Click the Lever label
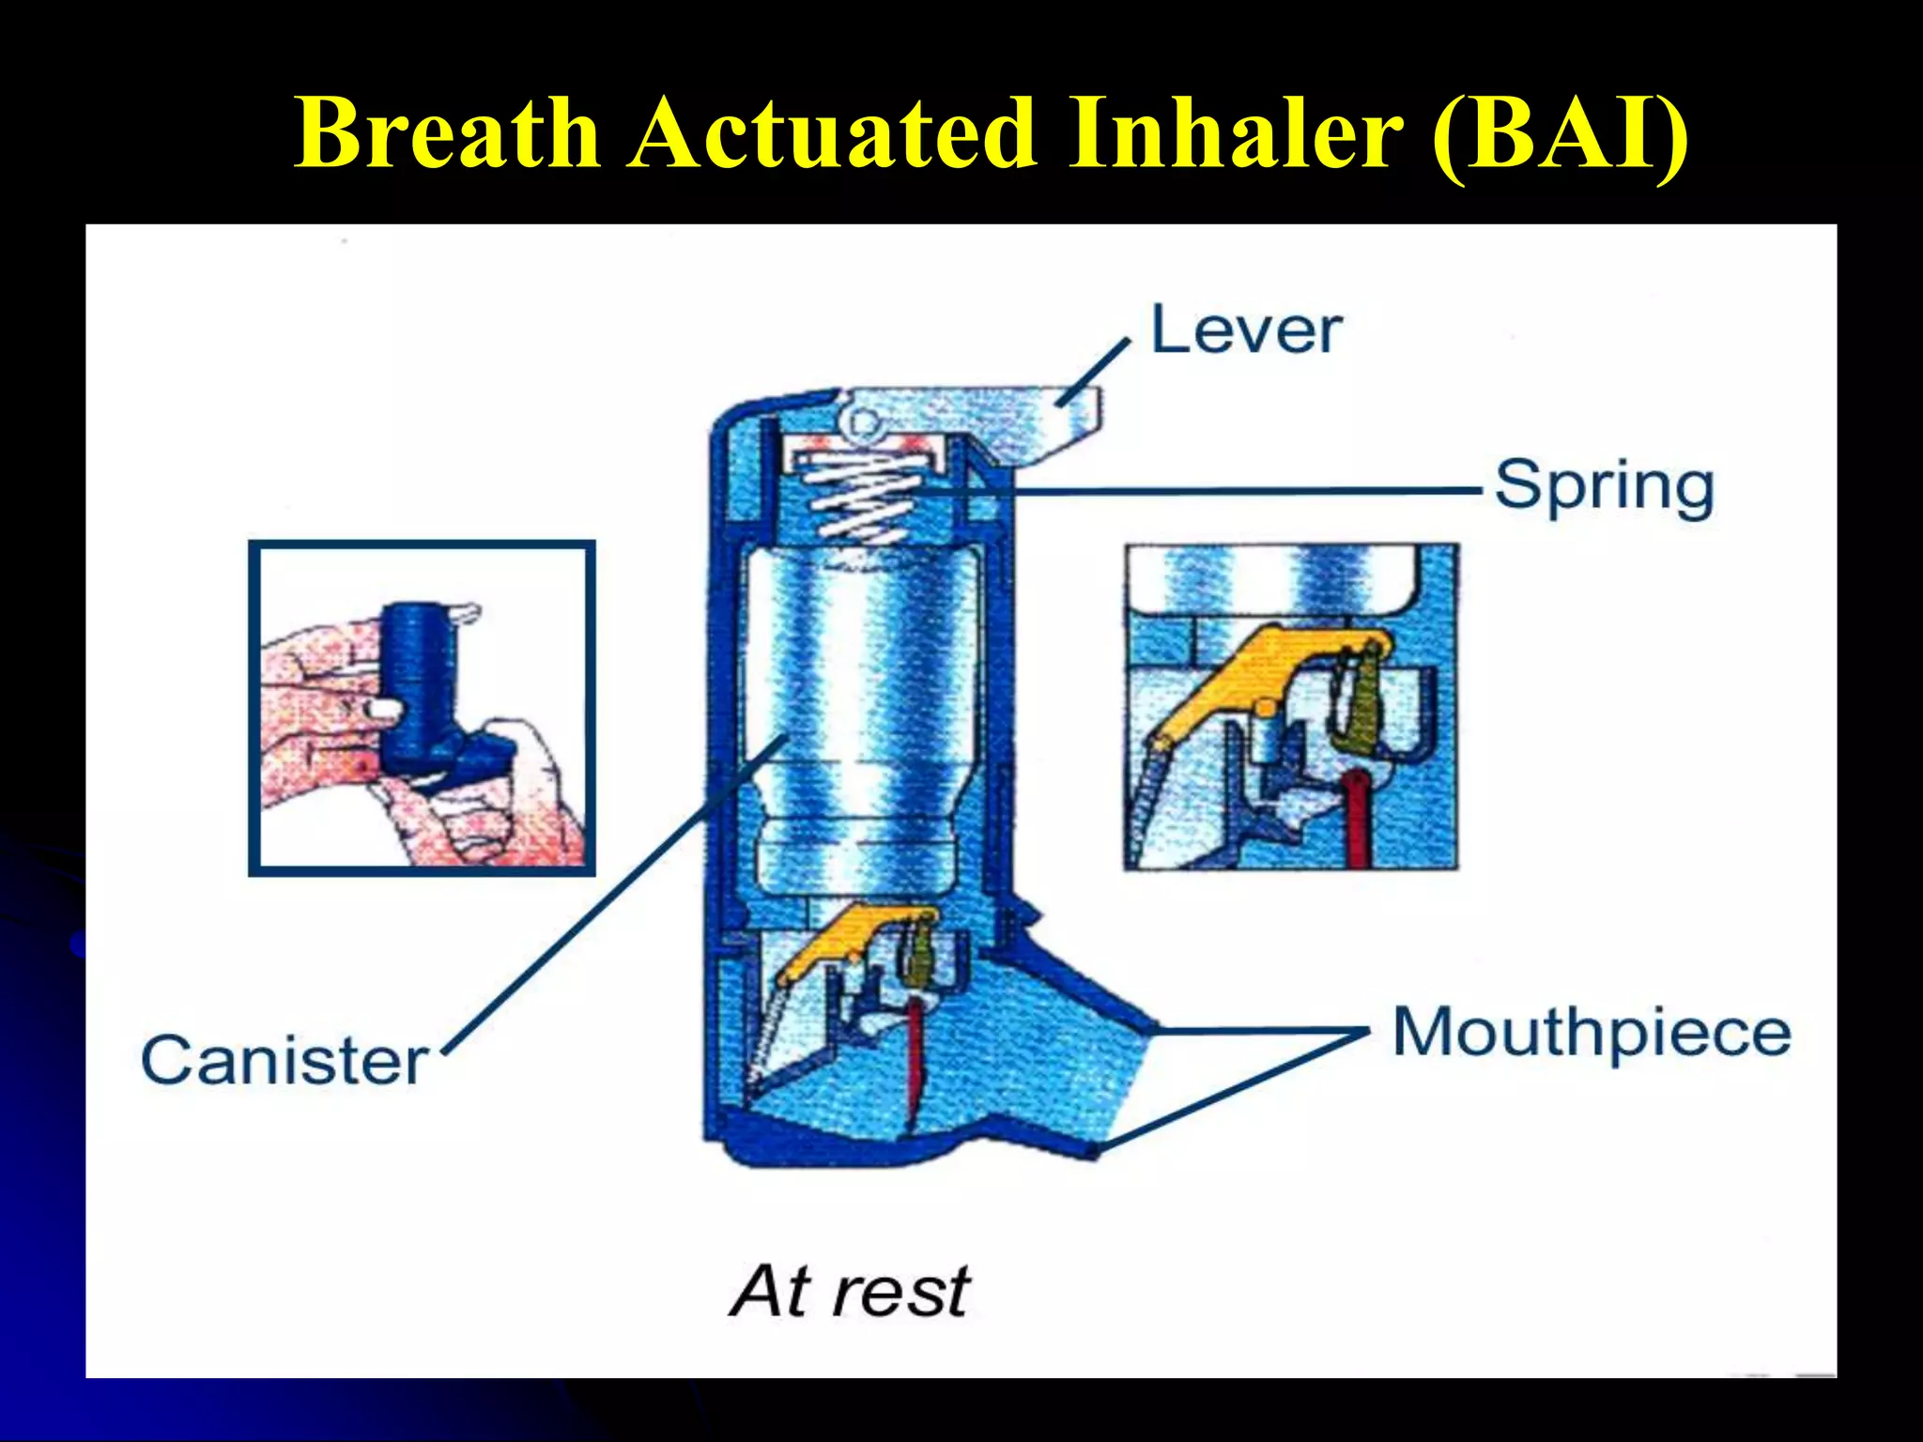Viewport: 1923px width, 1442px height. coord(1246,330)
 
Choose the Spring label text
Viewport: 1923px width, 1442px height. coord(1604,486)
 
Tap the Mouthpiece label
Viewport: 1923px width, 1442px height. coord(1591,1033)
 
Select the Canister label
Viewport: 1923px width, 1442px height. coord(285,1061)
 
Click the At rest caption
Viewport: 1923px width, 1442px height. coord(850,1292)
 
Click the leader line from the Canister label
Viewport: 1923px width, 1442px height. coord(610,901)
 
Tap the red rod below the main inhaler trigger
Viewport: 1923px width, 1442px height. coord(915,1061)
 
